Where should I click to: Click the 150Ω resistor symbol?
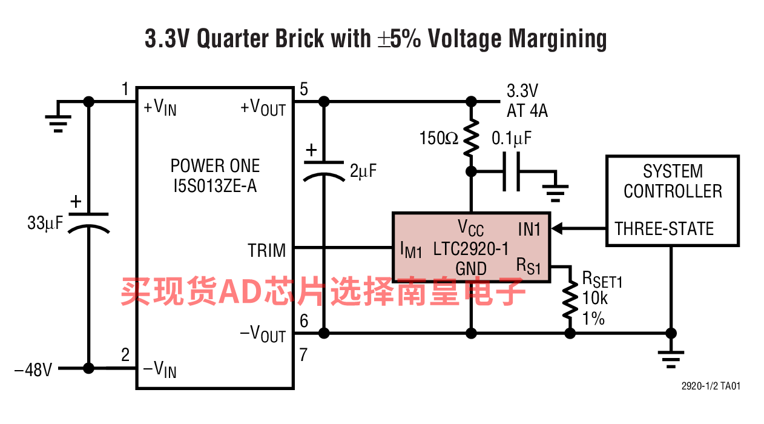coord(470,139)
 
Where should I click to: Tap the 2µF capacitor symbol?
coord(324,169)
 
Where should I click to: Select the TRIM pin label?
coord(266,250)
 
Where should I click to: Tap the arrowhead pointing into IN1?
coord(558,228)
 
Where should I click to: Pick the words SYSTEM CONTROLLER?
coord(673,181)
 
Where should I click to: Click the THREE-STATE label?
coord(665,228)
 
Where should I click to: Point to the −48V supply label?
coord(33,369)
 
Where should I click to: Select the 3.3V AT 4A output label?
coord(527,101)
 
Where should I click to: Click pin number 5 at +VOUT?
coord(303,89)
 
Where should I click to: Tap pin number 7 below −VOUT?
coord(303,354)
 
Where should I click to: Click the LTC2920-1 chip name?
coord(471,248)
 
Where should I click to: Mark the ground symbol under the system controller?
coord(670,358)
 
